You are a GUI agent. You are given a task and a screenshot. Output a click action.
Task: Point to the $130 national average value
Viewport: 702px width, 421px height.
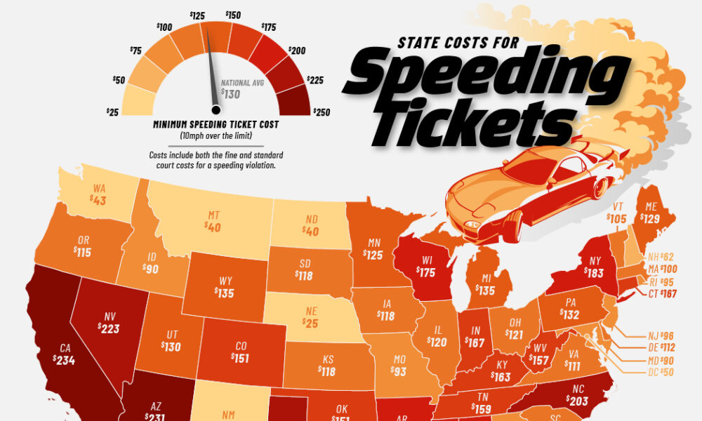pyautogui.click(x=230, y=92)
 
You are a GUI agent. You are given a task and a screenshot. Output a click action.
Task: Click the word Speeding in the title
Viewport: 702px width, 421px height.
pyautogui.click(x=485, y=75)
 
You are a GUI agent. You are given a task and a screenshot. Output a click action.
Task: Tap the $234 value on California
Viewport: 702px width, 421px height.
pyautogui.click(x=62, y=360)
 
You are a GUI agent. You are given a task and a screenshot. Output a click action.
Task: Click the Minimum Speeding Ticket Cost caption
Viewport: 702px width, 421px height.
pyautogui.click(x=216, y=124)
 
